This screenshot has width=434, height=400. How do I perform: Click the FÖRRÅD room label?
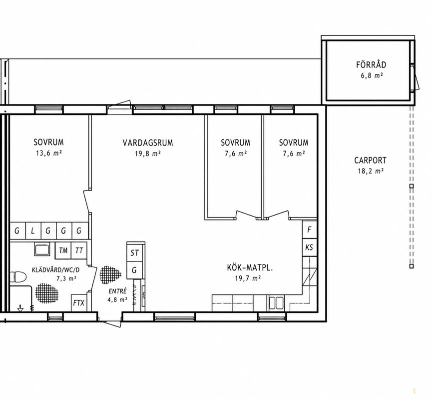pos(371,64)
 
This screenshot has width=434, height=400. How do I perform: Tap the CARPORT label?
pos(371,160)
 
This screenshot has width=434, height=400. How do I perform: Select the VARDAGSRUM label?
pos(148,143)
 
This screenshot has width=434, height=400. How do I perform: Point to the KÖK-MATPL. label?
pos(250,268)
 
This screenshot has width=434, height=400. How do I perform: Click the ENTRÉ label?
pos(117,291)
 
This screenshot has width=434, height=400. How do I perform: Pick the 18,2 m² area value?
pos(371,171)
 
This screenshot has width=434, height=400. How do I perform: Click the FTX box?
pos(78,302)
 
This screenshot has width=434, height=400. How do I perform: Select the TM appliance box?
pos(63,250)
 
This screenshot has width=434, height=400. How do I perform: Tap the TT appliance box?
pos(79,250)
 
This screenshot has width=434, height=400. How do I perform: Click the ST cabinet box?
pos(134,253)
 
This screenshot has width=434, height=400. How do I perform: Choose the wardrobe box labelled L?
pos(33,230)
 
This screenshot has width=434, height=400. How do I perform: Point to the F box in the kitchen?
pos(310,229)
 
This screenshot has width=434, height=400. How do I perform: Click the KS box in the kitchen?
pos(310,247)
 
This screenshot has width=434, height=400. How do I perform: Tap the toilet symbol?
pos(18,276)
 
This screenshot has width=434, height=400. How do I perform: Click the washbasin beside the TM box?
pos(42,249)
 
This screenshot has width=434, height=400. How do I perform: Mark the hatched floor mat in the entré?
pos(110,275)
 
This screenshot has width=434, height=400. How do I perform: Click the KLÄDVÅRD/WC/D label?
pos(54,269)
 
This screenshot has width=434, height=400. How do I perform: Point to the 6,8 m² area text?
pos(372,75)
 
